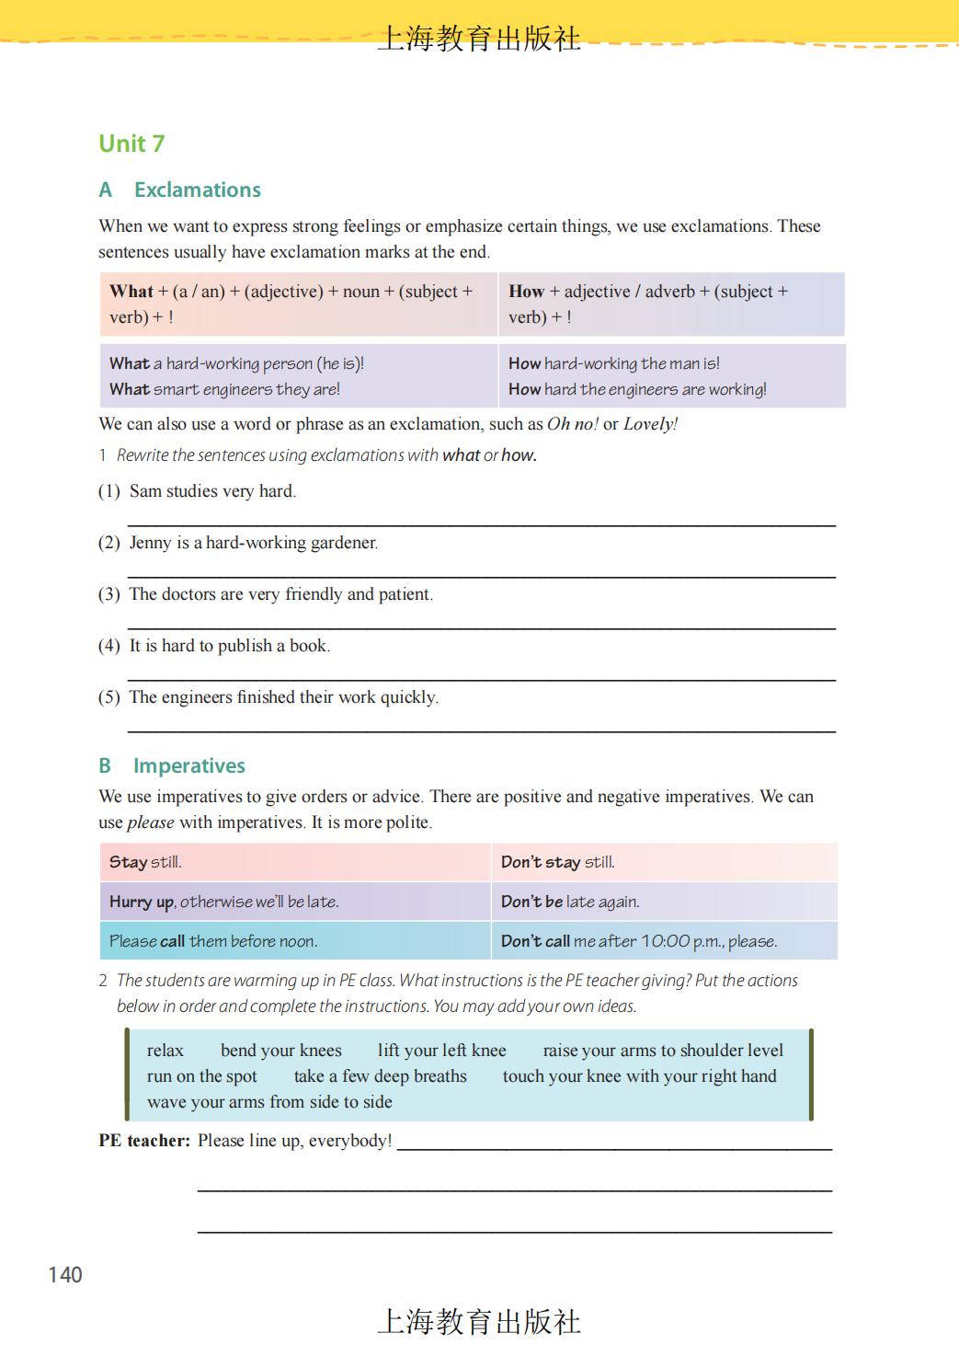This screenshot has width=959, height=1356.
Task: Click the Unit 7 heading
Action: click(x=131, y=144)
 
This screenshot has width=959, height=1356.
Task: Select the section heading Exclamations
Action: click(x=197, y=190)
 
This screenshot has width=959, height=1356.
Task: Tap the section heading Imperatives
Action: click(x=188, y=765)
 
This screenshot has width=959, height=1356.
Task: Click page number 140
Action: click(x=65, y=1274)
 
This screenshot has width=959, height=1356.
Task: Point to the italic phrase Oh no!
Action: click(x=572, y=424)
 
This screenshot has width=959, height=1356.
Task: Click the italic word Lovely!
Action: click(x=650, y=424)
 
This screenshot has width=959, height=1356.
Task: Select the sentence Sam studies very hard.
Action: click(x=212, y=491)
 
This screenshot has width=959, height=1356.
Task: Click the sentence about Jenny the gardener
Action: click(x=253, y=543)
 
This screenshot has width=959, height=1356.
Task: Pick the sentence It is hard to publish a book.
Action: click(x=229, y=646)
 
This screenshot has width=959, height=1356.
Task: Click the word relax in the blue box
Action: click(x=166, y=1051)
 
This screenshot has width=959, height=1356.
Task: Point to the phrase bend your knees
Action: click(x=280, y=1051)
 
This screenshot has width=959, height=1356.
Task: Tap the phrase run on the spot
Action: click(x=202, y=1076)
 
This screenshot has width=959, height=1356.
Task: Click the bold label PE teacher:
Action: click(x=144, y=1141)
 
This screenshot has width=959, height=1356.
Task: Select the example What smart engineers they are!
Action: click(x=224, y=389)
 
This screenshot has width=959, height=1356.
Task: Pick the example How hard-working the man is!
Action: click(x=614, y=363)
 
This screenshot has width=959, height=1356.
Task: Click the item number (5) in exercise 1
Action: click(x=109, y=697)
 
